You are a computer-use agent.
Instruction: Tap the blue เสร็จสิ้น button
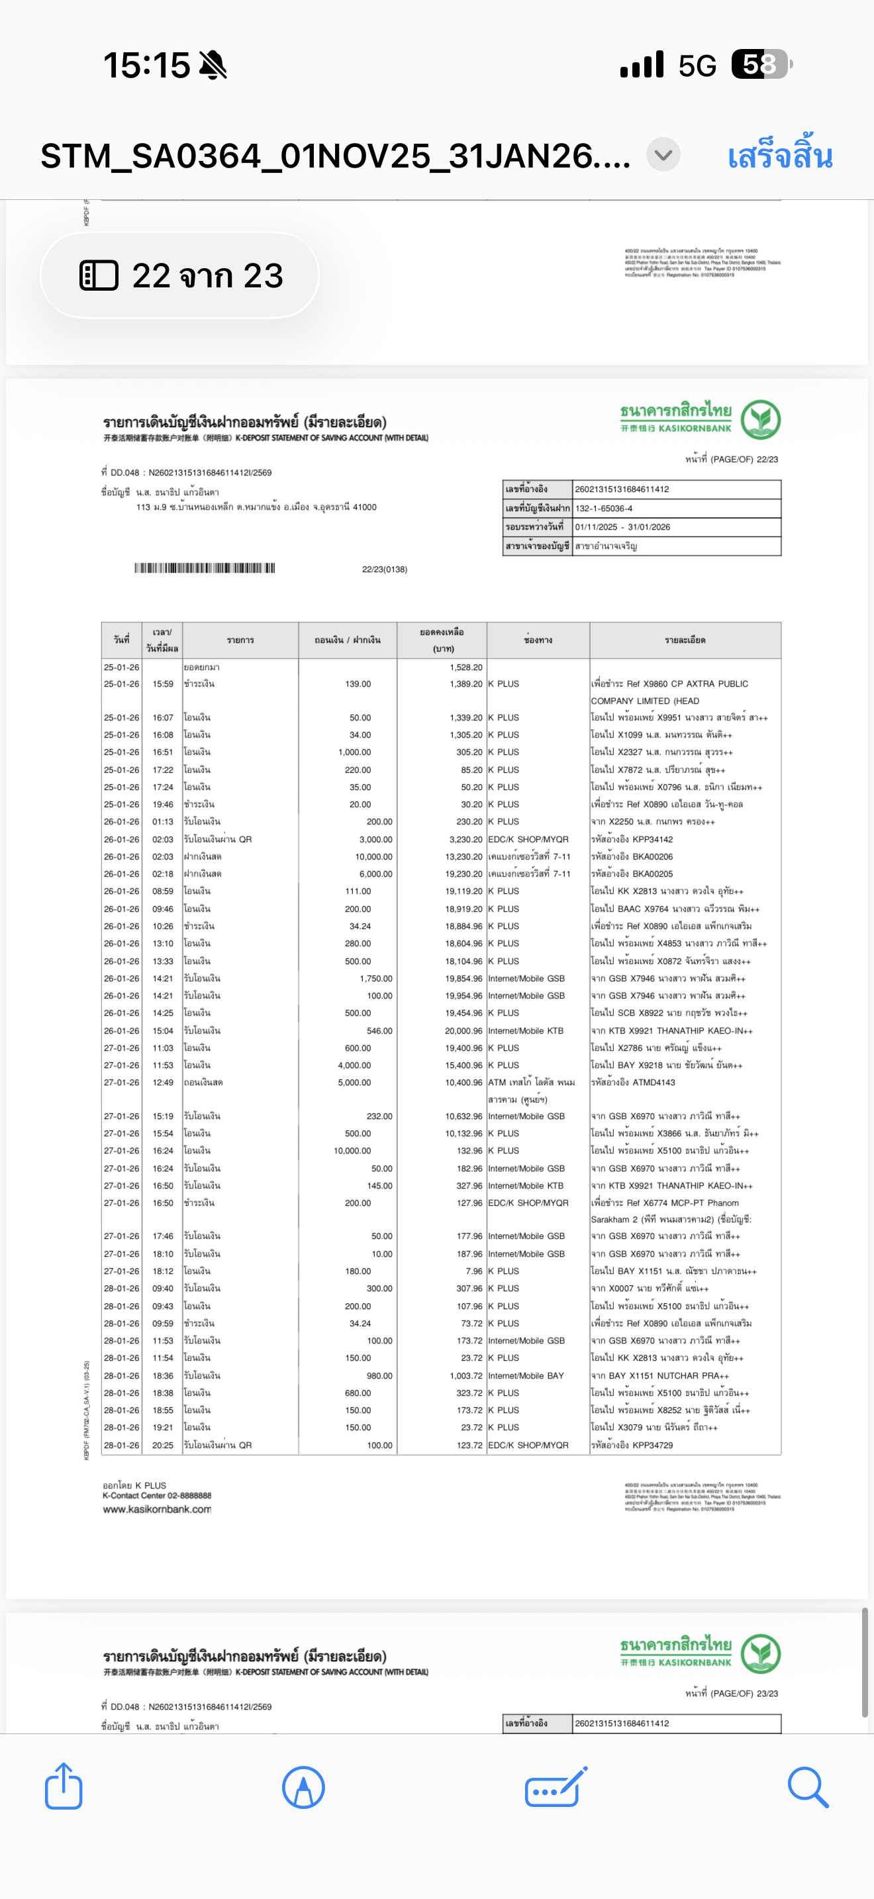(x=780, y=156)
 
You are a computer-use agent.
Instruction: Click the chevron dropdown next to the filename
(x=663, y=156)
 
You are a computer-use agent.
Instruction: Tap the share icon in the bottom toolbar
(x=64, y=1786)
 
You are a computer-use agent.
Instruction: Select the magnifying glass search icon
(x=808, y=1786)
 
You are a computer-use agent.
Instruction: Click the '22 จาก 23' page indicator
(x=180, y=275)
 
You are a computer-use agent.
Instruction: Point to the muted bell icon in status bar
(x=213, y=65)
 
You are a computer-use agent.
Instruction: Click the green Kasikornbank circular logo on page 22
(x=761, y=419)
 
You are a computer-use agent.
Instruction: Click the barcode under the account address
(x=204, y=567)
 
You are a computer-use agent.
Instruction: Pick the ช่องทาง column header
(x=538, y=640)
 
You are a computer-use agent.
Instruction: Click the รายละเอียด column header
(x=685, y=640)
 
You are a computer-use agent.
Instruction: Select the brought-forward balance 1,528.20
(x=465, y=667)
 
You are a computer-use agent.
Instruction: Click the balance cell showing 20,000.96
(x=463, y=1030)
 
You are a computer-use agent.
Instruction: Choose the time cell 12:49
(x=163, y=1082)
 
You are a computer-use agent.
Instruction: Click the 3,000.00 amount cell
(x=376, y=839)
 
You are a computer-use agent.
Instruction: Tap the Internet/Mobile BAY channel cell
(x=526, y=1376)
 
